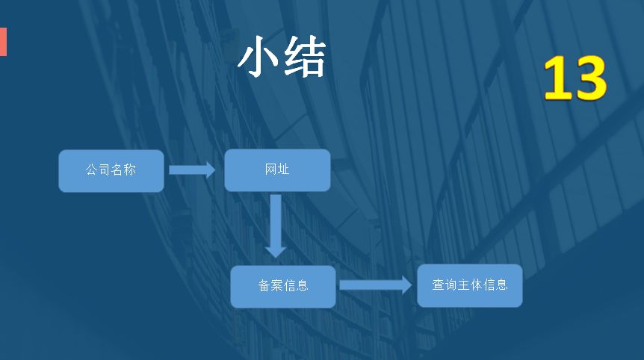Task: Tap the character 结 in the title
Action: [305, 58]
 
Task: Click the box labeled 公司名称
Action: [111, 171]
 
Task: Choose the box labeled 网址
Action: [277, 170]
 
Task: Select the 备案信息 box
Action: [283, 286]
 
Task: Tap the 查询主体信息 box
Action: [469, 285]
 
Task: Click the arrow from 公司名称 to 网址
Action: [192, 170]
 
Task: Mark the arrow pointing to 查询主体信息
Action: [375, 285]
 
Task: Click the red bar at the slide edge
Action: [3, 42]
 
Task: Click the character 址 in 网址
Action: [284, 170]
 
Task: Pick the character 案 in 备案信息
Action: [277, 285]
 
